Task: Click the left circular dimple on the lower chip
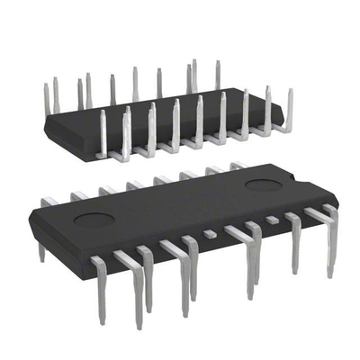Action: coord(91,218)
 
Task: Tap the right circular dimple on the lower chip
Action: coord(264,185)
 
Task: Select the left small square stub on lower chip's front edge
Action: coord(210,234)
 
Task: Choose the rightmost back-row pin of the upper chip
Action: coord(217,74)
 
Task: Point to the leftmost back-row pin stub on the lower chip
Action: coord(50,201)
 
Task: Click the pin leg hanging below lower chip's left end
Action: coord(41,252)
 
